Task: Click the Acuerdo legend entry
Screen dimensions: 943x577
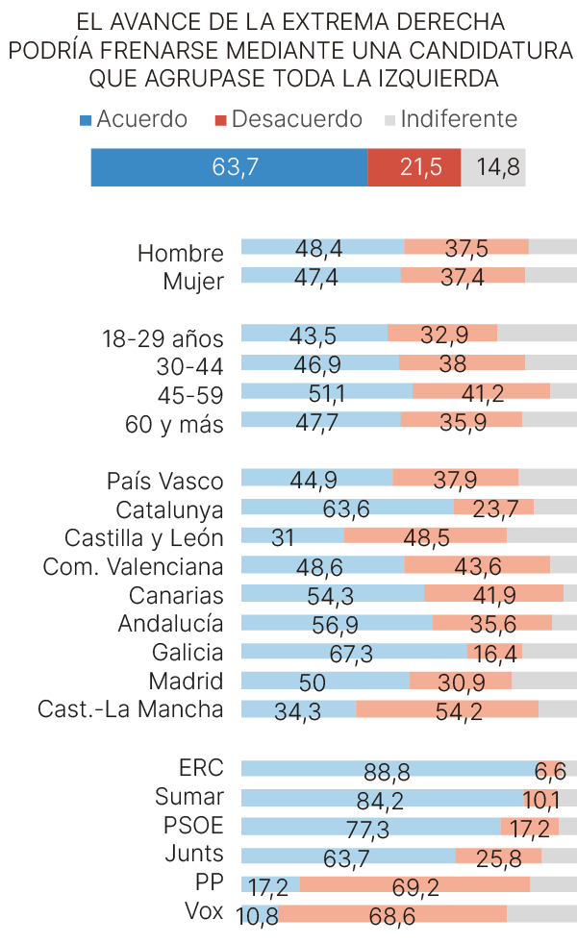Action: tap(134, 119)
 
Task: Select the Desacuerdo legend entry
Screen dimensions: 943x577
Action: tap(288, 119)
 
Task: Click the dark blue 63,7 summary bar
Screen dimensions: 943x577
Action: tap(229, 167)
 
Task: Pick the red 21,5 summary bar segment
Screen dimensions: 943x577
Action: tap(414, 167)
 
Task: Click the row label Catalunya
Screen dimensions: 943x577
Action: tap(169, 509)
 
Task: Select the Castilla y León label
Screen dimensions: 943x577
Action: tap(144, 538)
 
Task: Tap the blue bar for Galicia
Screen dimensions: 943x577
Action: tap(353, 651)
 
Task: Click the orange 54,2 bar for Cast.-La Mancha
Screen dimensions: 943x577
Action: tap(447, 709)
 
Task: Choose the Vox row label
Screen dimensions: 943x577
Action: tap(204, 911)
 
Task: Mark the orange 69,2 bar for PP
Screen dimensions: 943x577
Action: tap(414, 884)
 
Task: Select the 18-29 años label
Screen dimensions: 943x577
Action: tap(163, 338)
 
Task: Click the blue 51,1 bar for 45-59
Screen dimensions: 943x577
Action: tap(326, 391)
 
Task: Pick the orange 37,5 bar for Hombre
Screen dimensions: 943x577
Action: tap(466, 247)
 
